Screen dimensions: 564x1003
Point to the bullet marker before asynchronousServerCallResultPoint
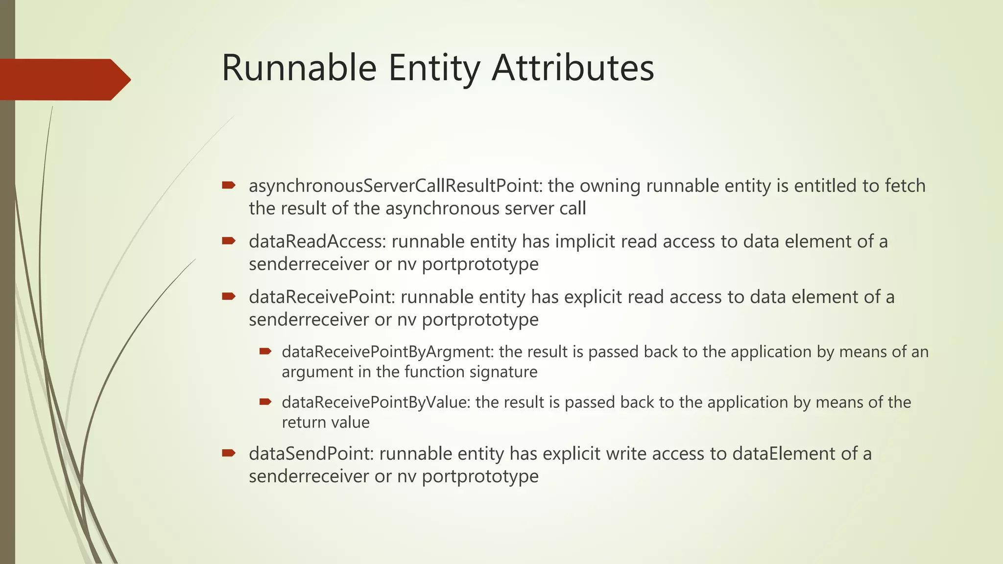229,186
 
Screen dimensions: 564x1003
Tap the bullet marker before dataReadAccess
229,241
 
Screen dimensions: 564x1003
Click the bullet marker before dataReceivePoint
229,296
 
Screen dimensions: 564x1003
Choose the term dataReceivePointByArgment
387,352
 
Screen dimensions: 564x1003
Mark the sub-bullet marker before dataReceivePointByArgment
265,351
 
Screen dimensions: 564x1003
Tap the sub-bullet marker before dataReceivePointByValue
265,402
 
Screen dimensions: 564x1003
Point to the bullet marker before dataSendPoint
229,453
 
